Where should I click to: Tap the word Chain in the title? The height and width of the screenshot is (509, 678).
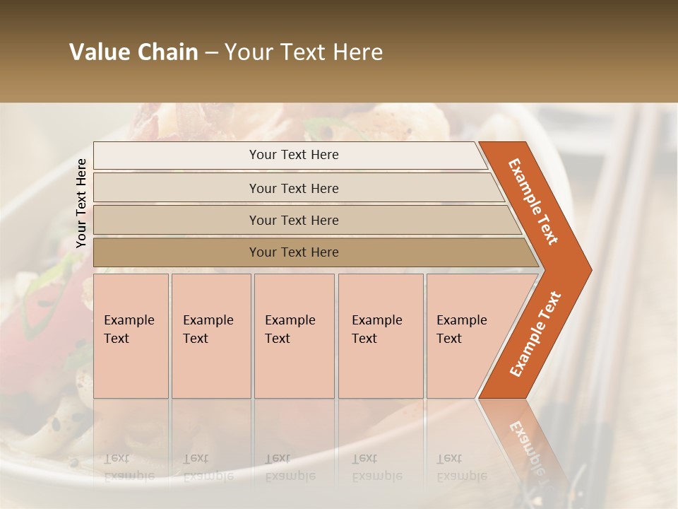(x=167, y=52)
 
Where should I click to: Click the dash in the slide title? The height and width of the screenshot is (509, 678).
(x=211, y=53)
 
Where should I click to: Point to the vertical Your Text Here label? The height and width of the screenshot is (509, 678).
(x=81, y=203)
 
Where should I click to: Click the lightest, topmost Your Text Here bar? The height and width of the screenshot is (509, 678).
(x=293, y=155)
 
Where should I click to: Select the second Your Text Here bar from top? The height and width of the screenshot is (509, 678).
(x=293, y=188)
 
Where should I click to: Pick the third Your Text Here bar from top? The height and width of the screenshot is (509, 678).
(x=293, y=220)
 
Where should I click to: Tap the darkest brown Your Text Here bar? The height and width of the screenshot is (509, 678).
(x=293, y=252)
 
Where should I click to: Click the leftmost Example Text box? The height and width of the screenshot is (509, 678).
(x=131, y=335)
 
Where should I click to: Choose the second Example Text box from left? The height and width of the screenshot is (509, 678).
(x=211, y=335)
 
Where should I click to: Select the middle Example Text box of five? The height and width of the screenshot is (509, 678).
(x=294, y=335)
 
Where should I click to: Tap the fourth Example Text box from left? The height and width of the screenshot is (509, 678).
(x=381, y=335)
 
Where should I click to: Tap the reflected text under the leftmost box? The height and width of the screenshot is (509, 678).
(x=129, y=467)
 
